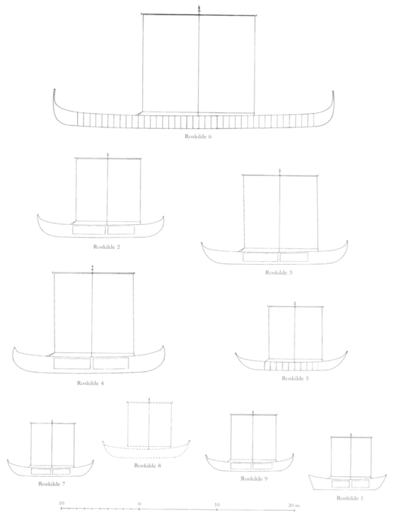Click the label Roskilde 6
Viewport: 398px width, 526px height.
coord(198,137)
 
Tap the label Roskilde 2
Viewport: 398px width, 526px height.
coord(106,247)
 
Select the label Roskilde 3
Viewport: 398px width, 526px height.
coord(279,272)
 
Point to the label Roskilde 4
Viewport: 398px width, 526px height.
coord(91,383)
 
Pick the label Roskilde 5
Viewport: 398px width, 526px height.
coord(295,378)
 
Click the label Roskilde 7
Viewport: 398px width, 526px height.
coord(51,484)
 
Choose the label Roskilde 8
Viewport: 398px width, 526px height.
coord(148,466)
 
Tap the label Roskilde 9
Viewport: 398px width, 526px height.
coord(254,478)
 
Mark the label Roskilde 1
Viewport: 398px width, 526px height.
coord(350,498)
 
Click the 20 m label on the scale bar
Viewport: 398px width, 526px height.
coord(294,505)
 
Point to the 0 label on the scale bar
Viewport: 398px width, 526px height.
coord(139,504)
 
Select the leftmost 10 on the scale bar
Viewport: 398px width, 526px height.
coord(61,503)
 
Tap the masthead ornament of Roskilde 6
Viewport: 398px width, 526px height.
coord(199,9)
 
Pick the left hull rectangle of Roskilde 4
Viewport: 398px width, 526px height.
coord(72,364)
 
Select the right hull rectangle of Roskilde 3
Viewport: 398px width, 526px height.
coord(294,257)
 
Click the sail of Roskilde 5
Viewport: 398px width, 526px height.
coord(268,333)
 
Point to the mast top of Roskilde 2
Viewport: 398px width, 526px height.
coord(108,155)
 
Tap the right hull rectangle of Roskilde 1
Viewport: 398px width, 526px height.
coord(360,484)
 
